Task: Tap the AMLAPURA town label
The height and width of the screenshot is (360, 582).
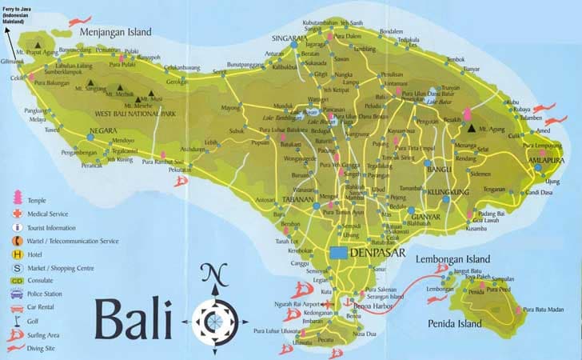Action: [x=543, y=158]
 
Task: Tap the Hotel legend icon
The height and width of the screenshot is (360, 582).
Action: [x=16, y=254]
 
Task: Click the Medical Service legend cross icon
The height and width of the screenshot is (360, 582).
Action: [x=16, y=214]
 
